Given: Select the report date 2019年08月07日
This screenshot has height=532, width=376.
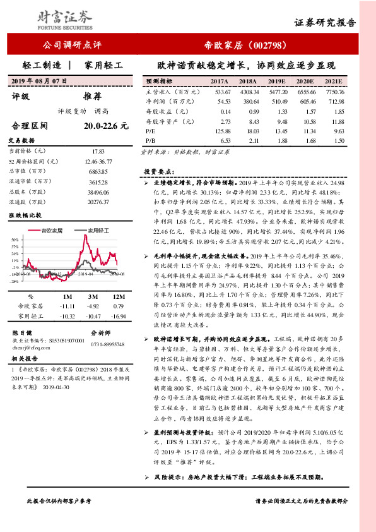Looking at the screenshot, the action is [x=40, y=82].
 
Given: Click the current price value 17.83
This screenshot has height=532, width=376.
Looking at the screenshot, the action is [x=97, y=152].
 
